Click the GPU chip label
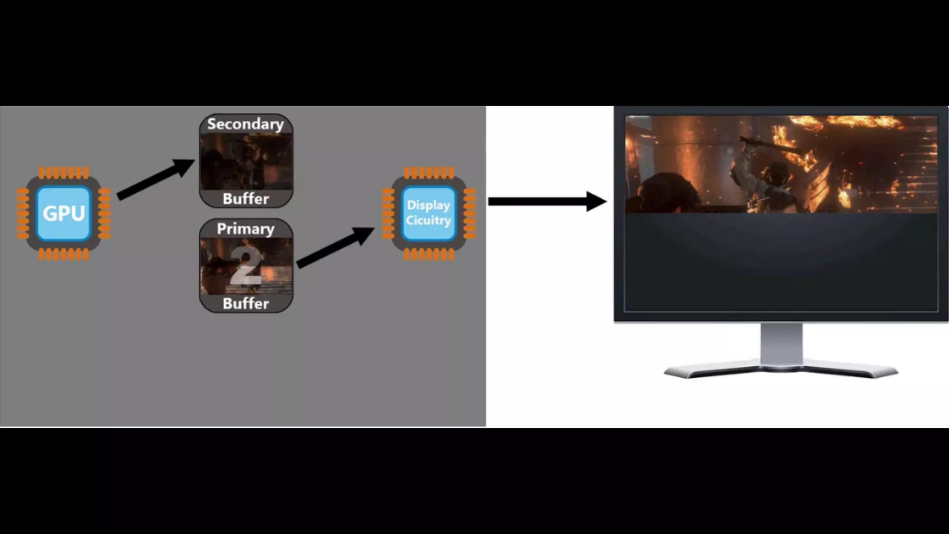coord(64,213)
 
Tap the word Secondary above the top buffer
coord(246,124)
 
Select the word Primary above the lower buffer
coord(246,229)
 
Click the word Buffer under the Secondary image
coord(246,199)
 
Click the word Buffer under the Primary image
coord(246,304)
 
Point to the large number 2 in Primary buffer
coord(246,267)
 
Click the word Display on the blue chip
coord(429,205)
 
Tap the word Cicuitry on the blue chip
coord(429,221)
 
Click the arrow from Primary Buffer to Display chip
coord(335,248)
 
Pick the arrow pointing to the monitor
coord(547,201)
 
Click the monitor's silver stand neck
coord(781,343)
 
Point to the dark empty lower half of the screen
coord(781,262)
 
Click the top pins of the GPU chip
coord(63,173)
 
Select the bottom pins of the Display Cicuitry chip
coord(429,254)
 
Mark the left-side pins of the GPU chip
coord(23,213)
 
